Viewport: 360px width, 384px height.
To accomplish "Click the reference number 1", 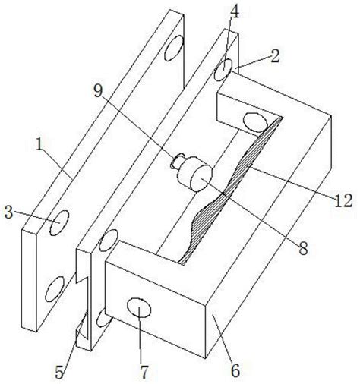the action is pyautogui.click(x=39, y=145).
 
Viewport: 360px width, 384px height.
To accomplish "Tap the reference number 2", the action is pyautogui.click(x=275, y=56).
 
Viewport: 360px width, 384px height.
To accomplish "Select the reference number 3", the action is pyautogui.click(x=9, y=212).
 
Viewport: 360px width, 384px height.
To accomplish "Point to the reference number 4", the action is pyautogui.click(x=235, y=12).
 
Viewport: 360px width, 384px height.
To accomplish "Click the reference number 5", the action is pyautogui.click(x=59, y=372).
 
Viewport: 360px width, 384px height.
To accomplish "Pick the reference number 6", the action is pyautogui.click(x=235, y=371).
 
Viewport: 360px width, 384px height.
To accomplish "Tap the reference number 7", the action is pyautogui.click(x=144, y=372).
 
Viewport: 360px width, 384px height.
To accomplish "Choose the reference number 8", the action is pyautogui.click(x=303, y=249).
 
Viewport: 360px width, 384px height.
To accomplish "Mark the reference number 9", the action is pyautogui.click(x=98, y=90).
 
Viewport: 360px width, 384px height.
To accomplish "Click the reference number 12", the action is pyautogui.click(x=344, y=201).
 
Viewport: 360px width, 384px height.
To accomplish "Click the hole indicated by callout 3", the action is pyautogui.click(x=59, y=223).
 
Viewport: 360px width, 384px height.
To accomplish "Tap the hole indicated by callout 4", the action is pyautogui.click(x=223, y=70).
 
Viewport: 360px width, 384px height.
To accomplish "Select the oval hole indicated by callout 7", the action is pyautogui.click(x=139, y=307).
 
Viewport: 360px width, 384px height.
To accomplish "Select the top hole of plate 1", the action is pyautogui.click(x=174, y=48).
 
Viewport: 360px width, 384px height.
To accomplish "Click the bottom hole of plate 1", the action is pyautogui.click(x=55, y=289).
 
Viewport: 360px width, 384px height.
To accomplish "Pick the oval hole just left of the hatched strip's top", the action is pyautogui.click(x=255, y=122).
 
